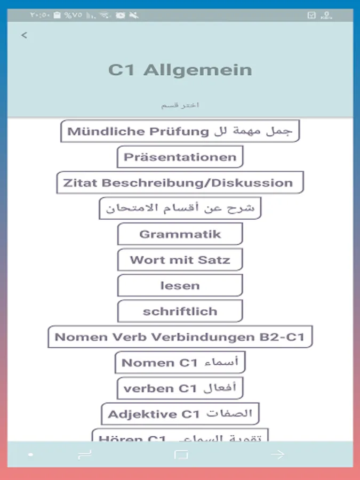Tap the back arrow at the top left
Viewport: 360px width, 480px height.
point(24,35)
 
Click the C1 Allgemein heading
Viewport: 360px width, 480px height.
point(180,70)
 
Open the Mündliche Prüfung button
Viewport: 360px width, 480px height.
point(180,131)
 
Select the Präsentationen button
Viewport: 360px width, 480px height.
point(180,157)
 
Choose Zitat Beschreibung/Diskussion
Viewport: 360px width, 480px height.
point(180,182)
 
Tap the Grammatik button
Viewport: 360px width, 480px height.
point(180,234)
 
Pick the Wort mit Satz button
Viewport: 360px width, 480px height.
point(180,260)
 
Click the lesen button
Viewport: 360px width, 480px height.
point(180,285)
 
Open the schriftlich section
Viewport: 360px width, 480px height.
point(180,311)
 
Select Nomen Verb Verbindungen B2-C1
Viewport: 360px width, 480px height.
point(180,337)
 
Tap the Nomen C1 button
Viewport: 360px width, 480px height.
point(180,363)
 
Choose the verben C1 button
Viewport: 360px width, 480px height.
point(180,388)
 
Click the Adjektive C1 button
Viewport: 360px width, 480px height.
point(180,414)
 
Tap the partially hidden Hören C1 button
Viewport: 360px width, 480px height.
point(180,436)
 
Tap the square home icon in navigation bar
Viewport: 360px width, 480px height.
point(181,455)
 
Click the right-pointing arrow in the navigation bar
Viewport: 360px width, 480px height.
point(277,455)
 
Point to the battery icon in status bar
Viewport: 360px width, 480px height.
point(58,15)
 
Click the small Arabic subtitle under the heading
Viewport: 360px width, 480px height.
point(180,105)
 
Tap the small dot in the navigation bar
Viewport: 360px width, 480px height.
point(31,455)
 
